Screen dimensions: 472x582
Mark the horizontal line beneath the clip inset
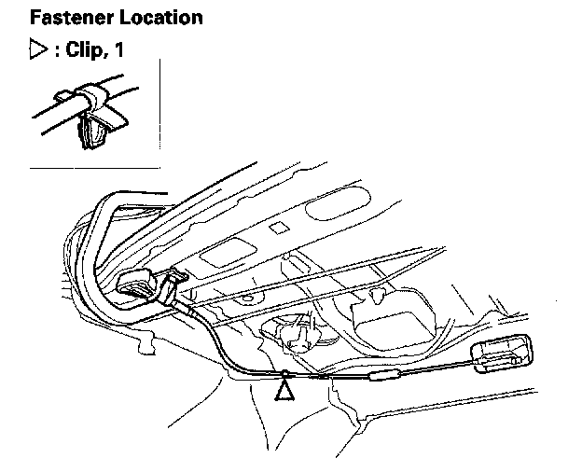point(93,168)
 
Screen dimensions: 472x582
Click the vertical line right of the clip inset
point(159,112)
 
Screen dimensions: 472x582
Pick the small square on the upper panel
point(276,228)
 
